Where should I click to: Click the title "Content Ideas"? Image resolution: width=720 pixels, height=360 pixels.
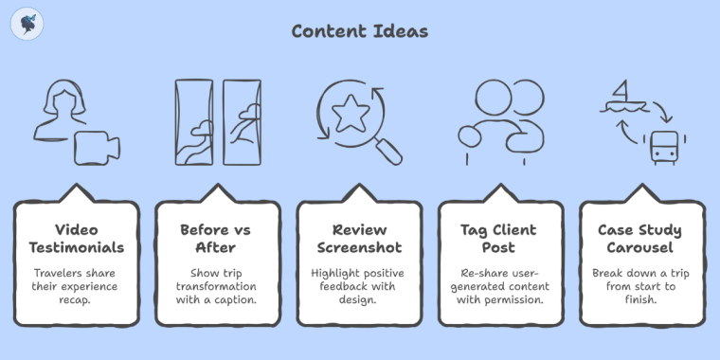click(x=359, y=31)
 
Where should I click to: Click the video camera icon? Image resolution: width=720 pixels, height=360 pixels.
click(x=99, y=147)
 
